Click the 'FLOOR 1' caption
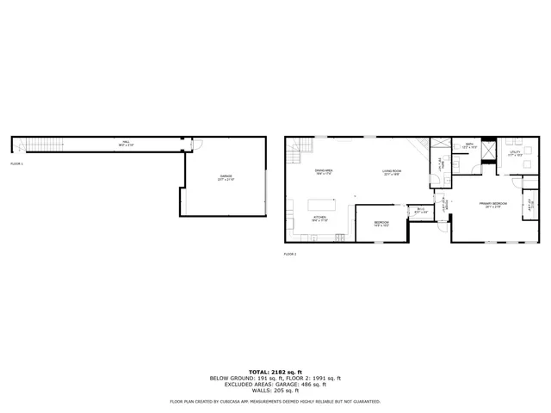[x=17, y=163]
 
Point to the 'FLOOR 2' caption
[x=290, y=254]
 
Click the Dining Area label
[x=324, y=172]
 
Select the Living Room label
[x=392, y=172]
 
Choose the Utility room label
[x=516, y=153]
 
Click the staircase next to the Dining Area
[x=298, y=154]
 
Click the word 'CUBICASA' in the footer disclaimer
[x=248, y=401]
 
